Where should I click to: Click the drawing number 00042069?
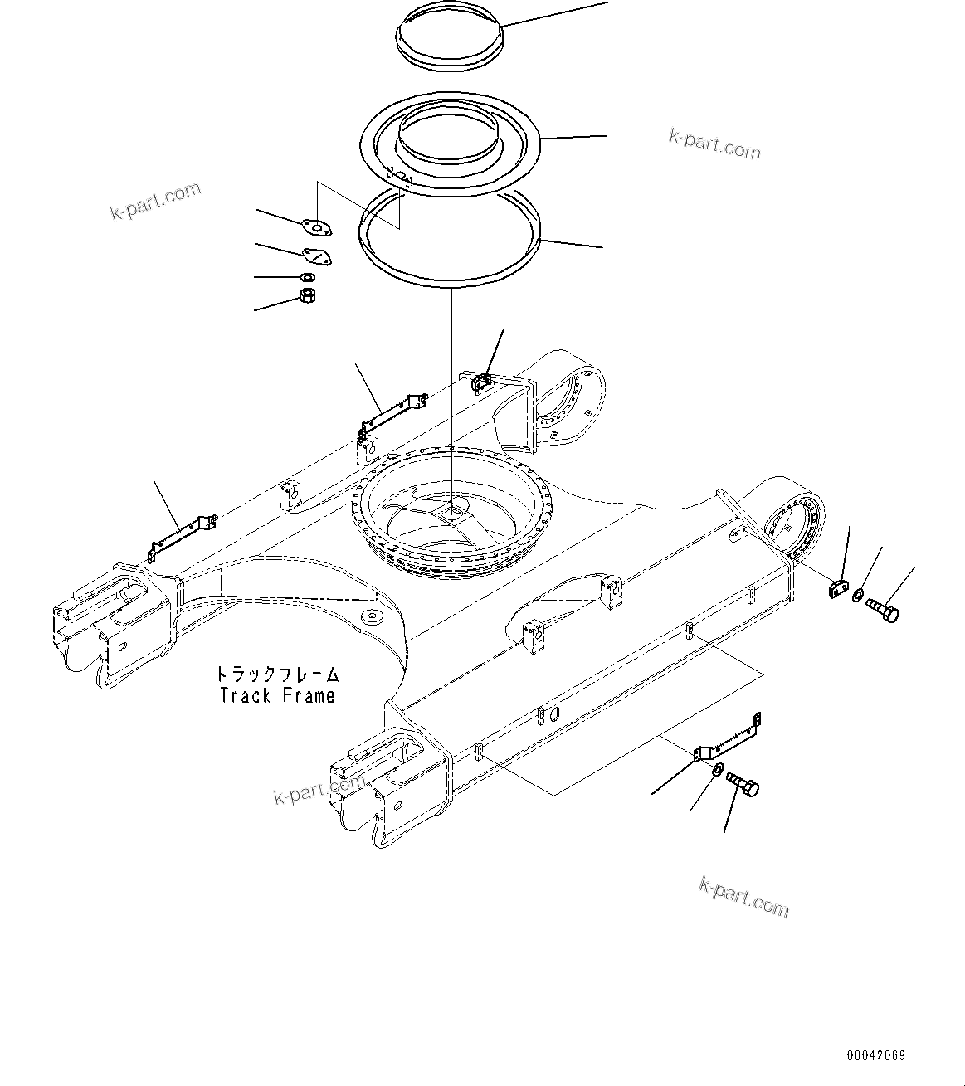coord(875,1056)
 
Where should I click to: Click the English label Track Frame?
coord(277,695)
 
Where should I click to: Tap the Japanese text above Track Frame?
coord(277,674)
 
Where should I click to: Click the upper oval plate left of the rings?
coord(316,226)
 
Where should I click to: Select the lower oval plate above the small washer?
coord(315,258)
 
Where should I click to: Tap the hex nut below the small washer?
coord(306,296)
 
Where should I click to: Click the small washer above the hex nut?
coord(307,277)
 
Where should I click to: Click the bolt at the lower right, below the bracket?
coord(743,783)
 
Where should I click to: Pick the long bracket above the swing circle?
coord(392,415)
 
